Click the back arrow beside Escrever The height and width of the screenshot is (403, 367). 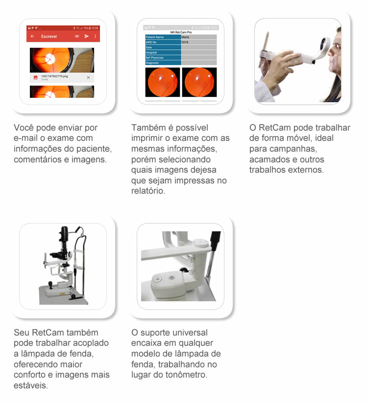point(32,37)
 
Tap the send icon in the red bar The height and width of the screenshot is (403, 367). point(87,37)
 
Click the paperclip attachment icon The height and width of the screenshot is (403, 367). point(77,37)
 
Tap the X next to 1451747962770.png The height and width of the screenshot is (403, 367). point(88,78)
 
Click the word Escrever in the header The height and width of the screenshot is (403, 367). point(49,37)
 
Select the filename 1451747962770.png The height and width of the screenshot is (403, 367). point(54,76)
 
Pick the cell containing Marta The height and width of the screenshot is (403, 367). point(198,37)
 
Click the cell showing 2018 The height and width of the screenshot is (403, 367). point(198,43)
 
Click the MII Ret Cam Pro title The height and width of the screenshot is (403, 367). point(180,32)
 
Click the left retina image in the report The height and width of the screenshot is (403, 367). point(162,82)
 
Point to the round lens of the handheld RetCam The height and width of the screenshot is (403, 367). point(323,44)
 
